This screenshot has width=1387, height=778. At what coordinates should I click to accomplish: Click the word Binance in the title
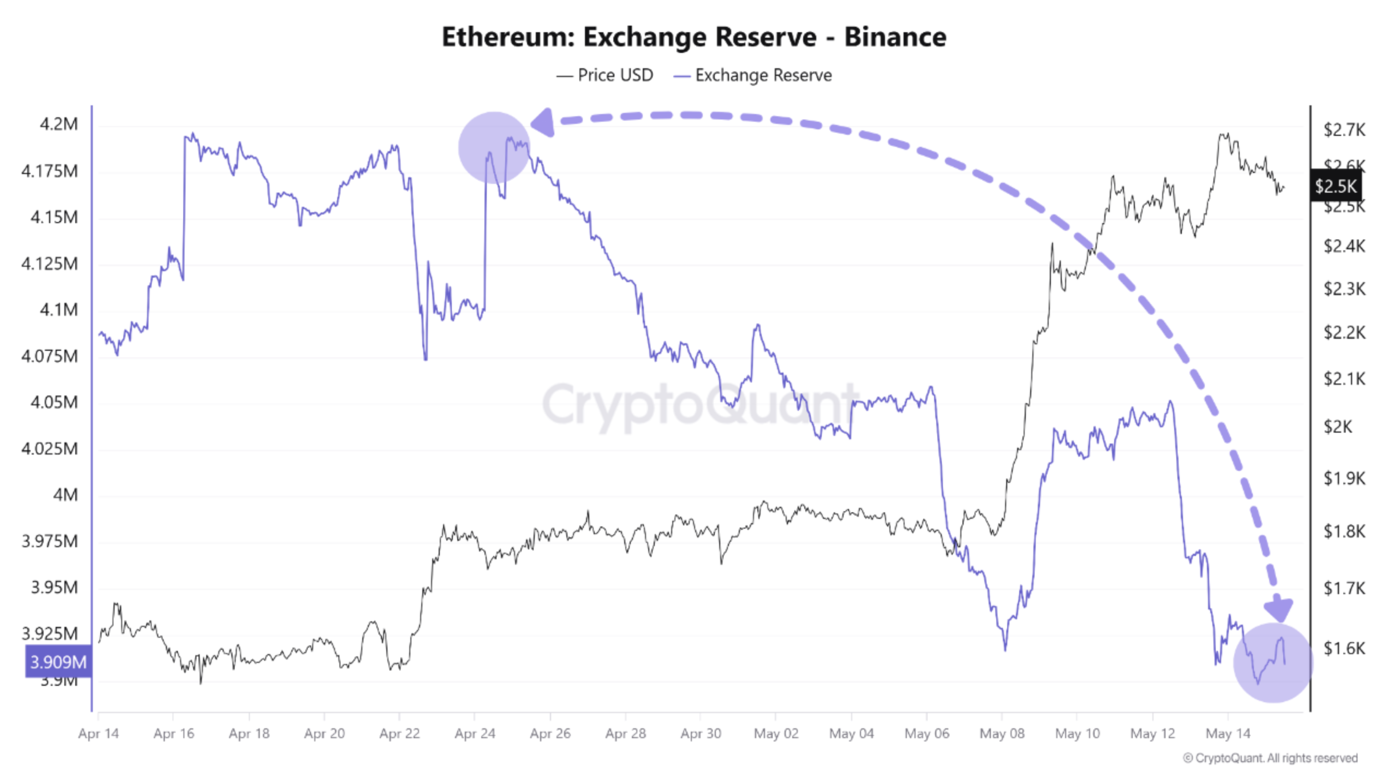pyautogui.click(x=895, y=37)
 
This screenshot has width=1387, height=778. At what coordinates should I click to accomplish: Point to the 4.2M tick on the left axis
pyautogui.click(x=58, y=124)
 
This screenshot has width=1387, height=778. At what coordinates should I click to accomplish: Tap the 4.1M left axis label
pyautogui.click(x=58, y=310)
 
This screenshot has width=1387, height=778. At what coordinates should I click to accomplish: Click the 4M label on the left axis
pyautogui.click(x=65, y=495)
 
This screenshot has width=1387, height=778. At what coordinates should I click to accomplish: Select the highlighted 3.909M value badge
pyautogui.click(x=58, y=662)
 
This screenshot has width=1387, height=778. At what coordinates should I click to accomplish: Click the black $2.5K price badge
pyautogui.click(x=1335, y=186)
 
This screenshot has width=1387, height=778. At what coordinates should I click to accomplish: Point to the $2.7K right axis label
pyautogui.click(x=1344, y=130)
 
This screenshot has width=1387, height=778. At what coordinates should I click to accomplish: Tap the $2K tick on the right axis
pyautogui.click(x=1337, y=426)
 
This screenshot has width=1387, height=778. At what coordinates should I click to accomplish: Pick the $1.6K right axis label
pyautogui.click(x=1344, y=648)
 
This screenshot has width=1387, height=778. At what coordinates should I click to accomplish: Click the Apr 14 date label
pyautogui.click(x=98, y=734)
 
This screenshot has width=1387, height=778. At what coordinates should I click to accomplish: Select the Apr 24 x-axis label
pyautogui.click(x=475, y=734)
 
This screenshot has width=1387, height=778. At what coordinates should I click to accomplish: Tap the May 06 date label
pyautogui.click(x=926, y=734)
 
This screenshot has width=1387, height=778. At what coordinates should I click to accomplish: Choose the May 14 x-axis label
pyautogui.click(x=1228, y=734)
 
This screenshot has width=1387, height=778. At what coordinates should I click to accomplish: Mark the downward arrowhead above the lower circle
pyautogui.click(x=1278, y=609)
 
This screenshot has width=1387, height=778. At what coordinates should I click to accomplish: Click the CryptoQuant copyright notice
pyautogui.click(x=1270, y=758)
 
